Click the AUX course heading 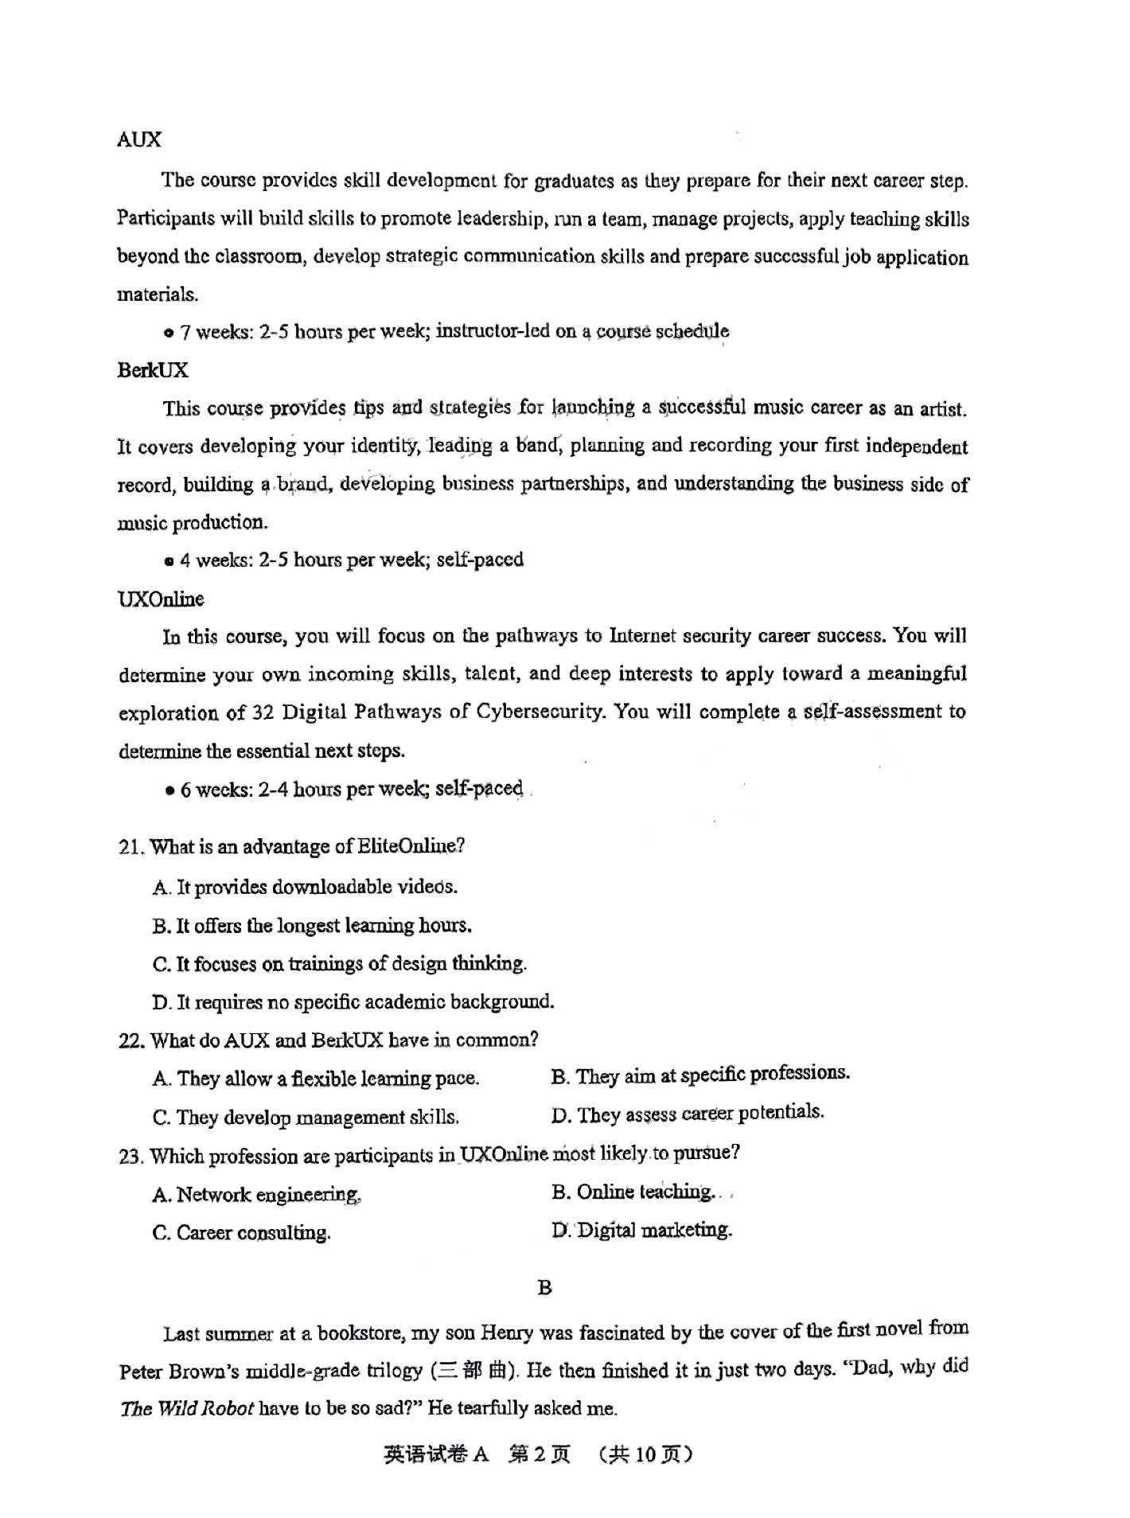click(x=139, y=140)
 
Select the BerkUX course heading click(x=153, y=370)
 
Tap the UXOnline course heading click(x=161, y=599)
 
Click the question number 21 click(x=131, y=847)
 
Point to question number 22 click(x=131, y=1041)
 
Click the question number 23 click(x=131, y=1156)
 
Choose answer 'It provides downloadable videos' click(x=305, y=887)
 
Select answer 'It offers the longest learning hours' click(x=312, y=926)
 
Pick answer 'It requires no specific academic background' click(x=353, y=1002)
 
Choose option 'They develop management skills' click(x=306, y=1117)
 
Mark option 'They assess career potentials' click(x=688, y=1114)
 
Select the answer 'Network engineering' click(x=257, y=1194)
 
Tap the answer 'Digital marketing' click(x=641, y=1230)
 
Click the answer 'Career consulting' click(x=242, y=1233)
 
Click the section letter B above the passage click(x=544, y=1288)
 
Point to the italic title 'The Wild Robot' click(x=187, y=1408)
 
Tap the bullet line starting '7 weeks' click(x=446, y=331)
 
